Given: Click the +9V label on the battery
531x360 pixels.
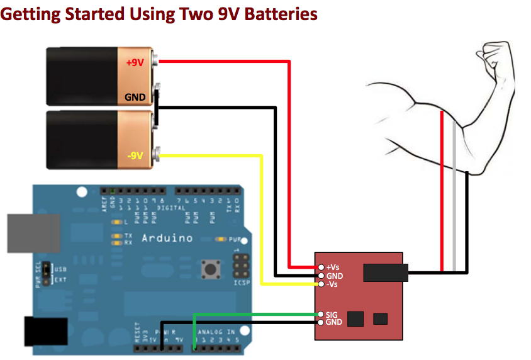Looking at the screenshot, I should tap(135, 63).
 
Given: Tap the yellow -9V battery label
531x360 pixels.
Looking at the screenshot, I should tap(135, 155).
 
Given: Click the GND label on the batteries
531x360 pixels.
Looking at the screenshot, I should tap(135, 98).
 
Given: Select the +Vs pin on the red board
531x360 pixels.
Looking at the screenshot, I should tap(321, 267).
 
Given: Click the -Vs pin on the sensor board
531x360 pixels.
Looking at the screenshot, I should tap(321, 284).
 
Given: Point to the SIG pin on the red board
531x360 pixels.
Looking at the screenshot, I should tap(321, 313).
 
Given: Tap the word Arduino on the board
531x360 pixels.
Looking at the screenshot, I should tap(167, 239).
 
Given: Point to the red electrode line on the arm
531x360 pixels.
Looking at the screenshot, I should tap(442, 189).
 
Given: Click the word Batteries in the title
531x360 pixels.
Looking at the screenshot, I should tap(277, 13).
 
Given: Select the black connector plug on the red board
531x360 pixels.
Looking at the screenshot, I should tap(386, 273).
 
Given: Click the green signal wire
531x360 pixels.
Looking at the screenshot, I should tap(252, 313).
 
